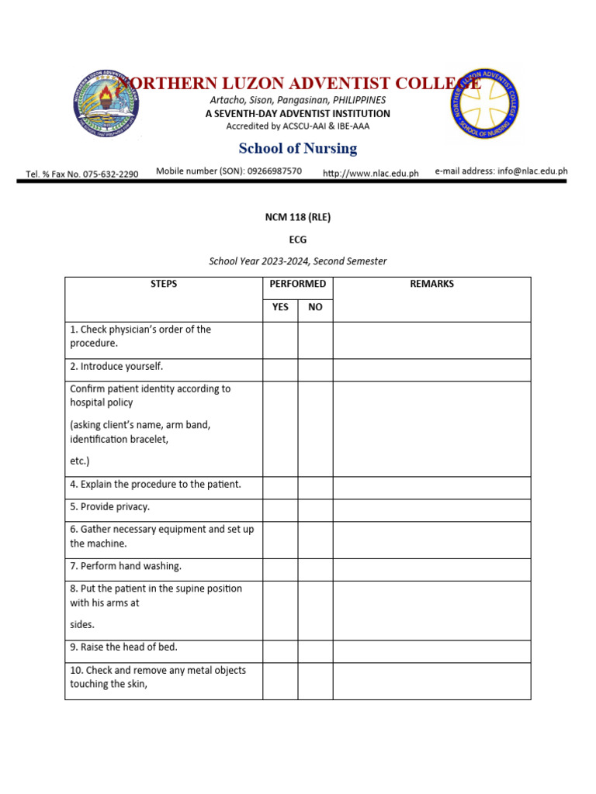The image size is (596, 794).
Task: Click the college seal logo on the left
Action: [108, 105]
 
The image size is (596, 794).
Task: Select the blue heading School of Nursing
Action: [298, 148]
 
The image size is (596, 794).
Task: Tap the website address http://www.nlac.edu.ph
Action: [370, 173]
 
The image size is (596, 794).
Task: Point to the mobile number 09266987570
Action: [275, 171]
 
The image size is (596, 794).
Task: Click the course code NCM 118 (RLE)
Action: [298, 217]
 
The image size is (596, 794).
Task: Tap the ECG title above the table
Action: [298, 240]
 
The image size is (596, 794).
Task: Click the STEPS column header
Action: [164, 284]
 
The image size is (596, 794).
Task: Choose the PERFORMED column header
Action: [298, 284]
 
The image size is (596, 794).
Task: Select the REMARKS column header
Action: [431, 284]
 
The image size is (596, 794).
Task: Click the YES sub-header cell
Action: [280, 307]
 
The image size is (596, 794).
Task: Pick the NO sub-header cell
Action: [315, 307]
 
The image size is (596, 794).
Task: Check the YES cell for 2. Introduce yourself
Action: [280, 370]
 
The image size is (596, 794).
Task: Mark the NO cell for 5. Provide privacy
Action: [315, 510]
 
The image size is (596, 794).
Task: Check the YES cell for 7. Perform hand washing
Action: [280, 570]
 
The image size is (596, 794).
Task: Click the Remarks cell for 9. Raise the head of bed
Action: [431, 651]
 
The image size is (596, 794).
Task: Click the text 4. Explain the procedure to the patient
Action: [155, 485]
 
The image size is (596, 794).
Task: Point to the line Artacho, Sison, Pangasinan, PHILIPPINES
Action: [298, 100]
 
